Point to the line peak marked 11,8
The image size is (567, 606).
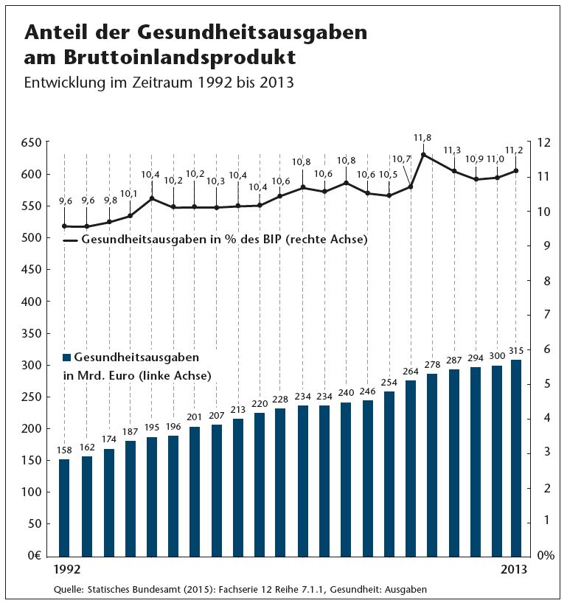click(x=423, y=154)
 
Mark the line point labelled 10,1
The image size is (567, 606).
click(x=130, y=215)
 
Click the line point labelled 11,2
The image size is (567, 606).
click(x=516, y=171)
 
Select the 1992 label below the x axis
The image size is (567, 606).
click(x=67, y=570)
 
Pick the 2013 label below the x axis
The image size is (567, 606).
click(x=514, y=570)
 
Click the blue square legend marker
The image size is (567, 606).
click(x=67, y=358)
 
